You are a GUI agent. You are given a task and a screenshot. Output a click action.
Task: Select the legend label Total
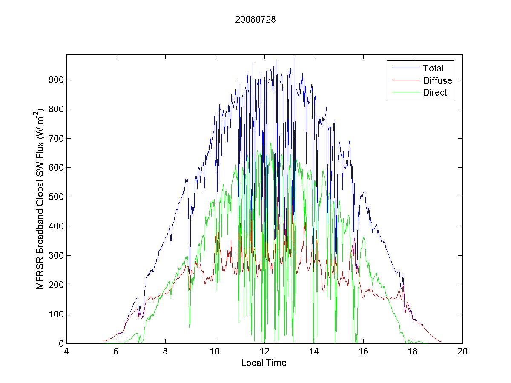tap(433, 68)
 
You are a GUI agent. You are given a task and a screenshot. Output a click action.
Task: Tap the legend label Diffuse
tap(437, 80)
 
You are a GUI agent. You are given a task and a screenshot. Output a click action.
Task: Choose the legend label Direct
tap(435, 93)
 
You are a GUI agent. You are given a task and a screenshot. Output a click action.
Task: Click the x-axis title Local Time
tap(264, 363)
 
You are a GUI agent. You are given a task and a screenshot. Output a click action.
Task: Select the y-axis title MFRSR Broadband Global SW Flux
tap(40, 198)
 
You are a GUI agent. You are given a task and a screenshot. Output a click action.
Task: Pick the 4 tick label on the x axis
tap(66, 352)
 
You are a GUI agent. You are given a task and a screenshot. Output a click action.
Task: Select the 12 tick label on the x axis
tap(264, 352)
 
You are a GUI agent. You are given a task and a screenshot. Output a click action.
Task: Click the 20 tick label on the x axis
tap(462, 352)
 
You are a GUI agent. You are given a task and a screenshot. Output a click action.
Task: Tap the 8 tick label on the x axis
tap(165, 352)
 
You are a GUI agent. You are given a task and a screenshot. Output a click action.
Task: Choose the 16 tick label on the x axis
tap(363, 352)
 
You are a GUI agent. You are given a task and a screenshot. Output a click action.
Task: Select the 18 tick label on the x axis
tap(413, 352)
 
